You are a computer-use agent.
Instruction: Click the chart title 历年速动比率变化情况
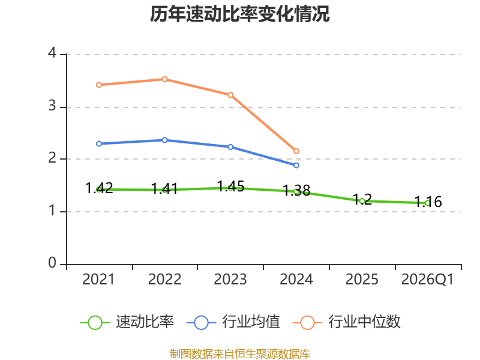(239, 14)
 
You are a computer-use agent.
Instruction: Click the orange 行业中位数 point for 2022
(164, 79)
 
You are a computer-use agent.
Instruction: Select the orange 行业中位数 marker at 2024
(296, 151)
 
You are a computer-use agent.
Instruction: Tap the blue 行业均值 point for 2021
(99, 144)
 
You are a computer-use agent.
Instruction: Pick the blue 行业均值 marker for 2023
(230, 147)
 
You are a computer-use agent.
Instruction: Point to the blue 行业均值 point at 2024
(296, 166)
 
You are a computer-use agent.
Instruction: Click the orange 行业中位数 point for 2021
(99, 85)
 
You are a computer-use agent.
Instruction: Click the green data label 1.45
(230, 186)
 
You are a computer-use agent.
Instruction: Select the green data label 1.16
(428, 202)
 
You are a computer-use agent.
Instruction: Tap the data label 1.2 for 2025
(362, 199)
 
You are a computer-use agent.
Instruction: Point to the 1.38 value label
(296, 190)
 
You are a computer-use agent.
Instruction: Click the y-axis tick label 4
(52, 53)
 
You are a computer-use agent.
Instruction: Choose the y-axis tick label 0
(52, 263)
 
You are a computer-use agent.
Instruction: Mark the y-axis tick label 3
(52, 106)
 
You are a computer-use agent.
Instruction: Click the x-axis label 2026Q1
(427, 280)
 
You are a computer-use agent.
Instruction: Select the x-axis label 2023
(230, 280)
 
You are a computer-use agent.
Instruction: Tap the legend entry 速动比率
(127, 322)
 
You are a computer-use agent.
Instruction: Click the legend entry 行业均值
(233, 322)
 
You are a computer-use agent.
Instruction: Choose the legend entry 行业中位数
(347, 322)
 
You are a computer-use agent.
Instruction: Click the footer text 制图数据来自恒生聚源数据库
(239, 354)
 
